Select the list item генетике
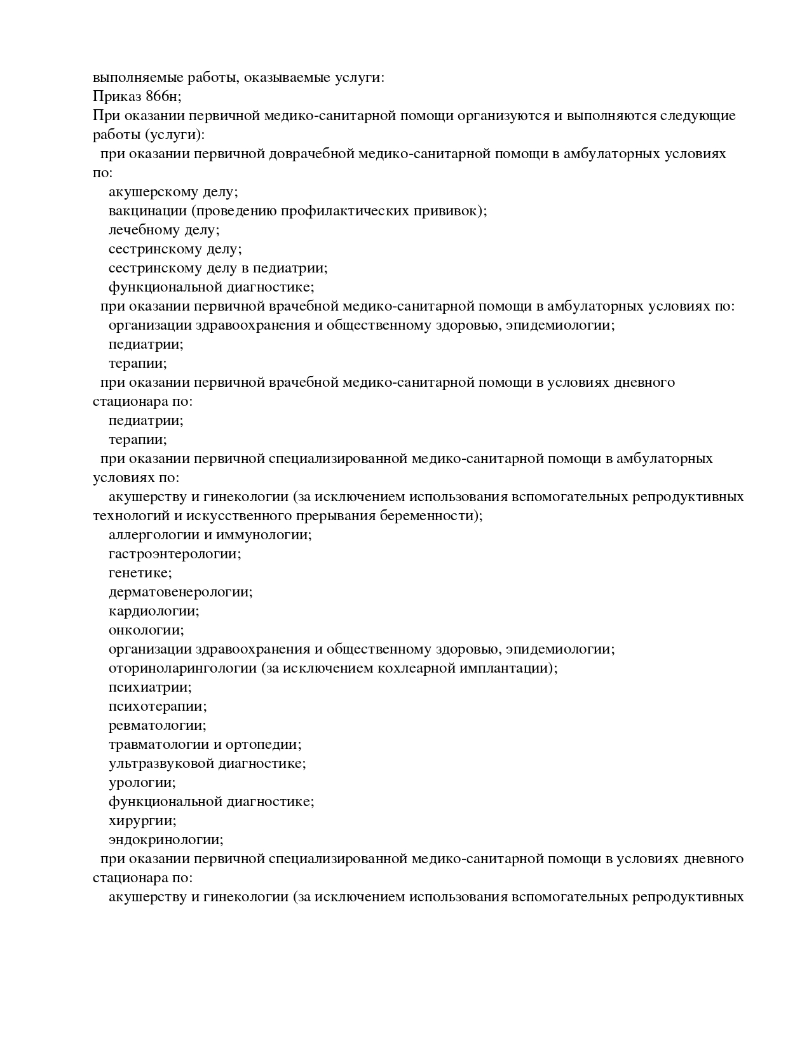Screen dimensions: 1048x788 pos(140,573)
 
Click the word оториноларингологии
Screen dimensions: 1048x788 pos(182,668)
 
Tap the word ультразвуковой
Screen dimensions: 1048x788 pos(161,763)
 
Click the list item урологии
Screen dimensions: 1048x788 pos(142,783)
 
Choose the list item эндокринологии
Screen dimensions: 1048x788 pos(166,840)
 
